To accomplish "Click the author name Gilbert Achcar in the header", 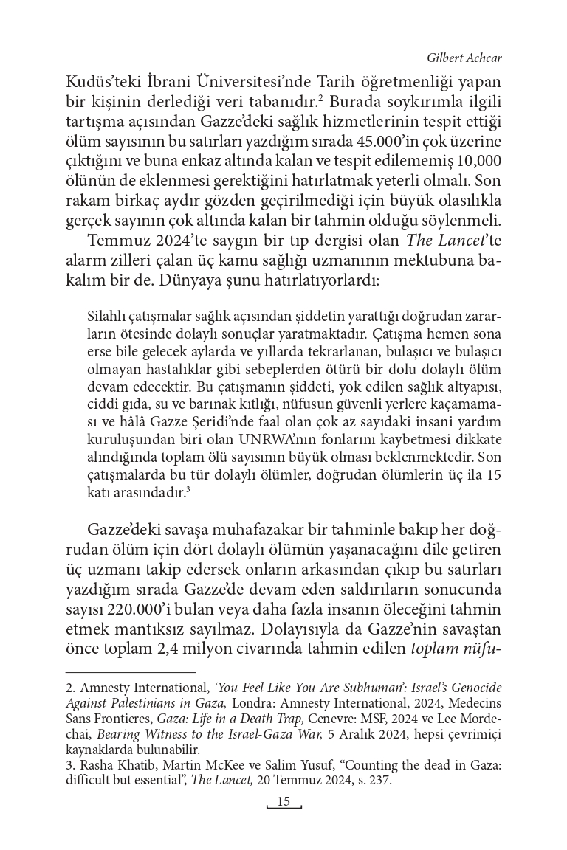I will click(465, 58).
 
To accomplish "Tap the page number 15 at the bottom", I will click(284, 802).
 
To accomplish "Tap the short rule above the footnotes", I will click(131, 672).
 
